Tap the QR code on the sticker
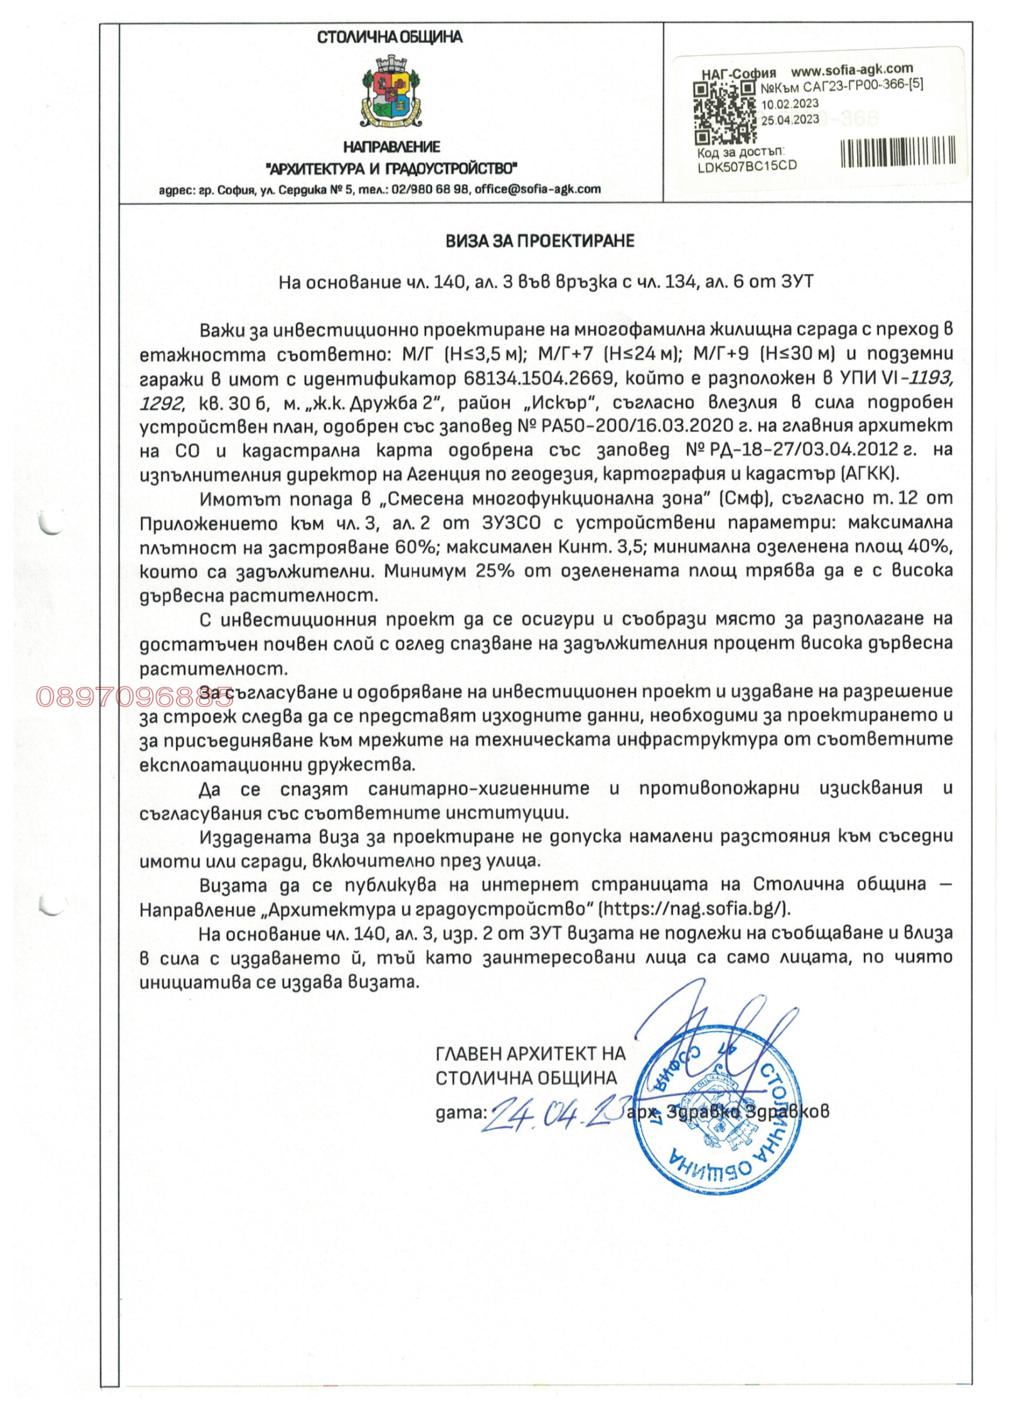[x=725, y=113]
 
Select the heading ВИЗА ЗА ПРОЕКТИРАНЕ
[x=540, y=241]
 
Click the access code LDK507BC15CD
[x=747, y=166]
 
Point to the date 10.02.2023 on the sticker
[x=790, y=103]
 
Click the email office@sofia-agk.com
[x=537, y=189]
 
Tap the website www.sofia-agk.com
[x=851, y=69]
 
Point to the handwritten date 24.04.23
[x=554, y=1115]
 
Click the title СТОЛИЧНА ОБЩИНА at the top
[x=390, y=37]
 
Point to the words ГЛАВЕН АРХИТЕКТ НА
[x=530, y=1053]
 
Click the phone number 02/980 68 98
[x=430, y=189]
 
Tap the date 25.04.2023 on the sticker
[x=790, y=119]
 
